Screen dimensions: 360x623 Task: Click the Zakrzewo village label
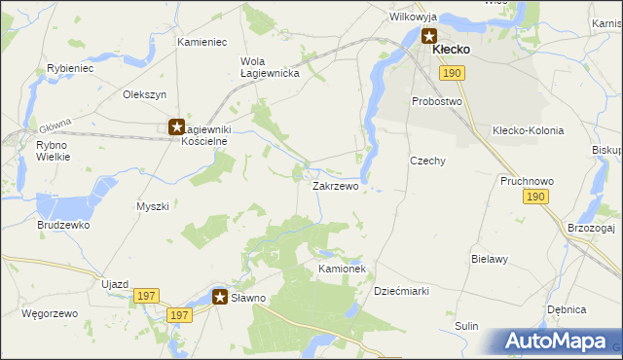click(335, 186)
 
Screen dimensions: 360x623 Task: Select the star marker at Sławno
click(221, 297)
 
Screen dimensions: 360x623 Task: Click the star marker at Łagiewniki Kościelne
click(176, 126)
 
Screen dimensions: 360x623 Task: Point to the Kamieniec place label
click(202, 43)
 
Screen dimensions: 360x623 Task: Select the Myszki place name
click(153, 206)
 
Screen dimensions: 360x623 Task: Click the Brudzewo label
click(64, 225)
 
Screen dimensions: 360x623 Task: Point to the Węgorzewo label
click(49, 314)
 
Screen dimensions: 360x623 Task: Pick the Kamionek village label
click(342, 268)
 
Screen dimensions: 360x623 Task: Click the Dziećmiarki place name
click(402, 291)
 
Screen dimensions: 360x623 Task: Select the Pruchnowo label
click(527, 181)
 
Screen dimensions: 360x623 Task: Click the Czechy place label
click(427, 161)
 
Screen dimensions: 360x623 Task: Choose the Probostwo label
click(436, 101)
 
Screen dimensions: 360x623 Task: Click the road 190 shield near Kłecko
click(451, 73)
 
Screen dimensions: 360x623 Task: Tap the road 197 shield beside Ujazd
click(146, 295)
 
